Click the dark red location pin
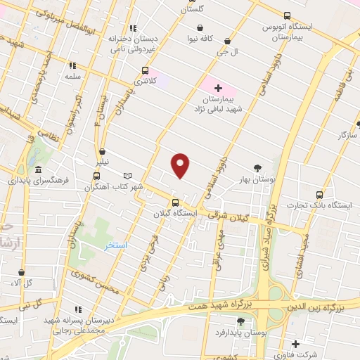[181, 165]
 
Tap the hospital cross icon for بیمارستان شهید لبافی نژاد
[218, 89]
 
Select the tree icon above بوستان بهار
[258, 167]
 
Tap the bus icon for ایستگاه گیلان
[175, 202]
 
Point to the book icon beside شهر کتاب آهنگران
[127, 176]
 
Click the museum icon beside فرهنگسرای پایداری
[37, 170]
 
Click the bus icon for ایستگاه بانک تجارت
[320, 194]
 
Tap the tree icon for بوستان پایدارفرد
[240, 321]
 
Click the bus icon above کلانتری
[146, 70]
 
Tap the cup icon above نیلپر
[103, 151]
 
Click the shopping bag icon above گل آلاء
[21, 271]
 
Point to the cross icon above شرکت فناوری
[295, 344]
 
